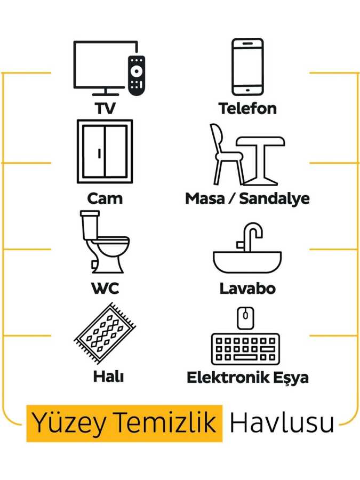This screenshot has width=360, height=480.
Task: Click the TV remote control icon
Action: pyautogui.click(x=137, y=75)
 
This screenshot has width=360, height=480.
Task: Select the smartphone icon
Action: pyautogui.click(x=247, y=67)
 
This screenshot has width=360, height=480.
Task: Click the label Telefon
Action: pyautogui.click(x=247, y=109)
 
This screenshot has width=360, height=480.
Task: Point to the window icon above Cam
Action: pyautogui.click(x=105, y=151)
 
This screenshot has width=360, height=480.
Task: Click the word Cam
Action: pyautogui.click(x=105, y=198)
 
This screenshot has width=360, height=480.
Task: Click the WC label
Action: pyautogui.click(x=105, y=289)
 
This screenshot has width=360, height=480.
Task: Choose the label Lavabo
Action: pyautogui.click(x=247, y=289)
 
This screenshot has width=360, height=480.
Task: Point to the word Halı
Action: pyautogui.click(x=108, y=376)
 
